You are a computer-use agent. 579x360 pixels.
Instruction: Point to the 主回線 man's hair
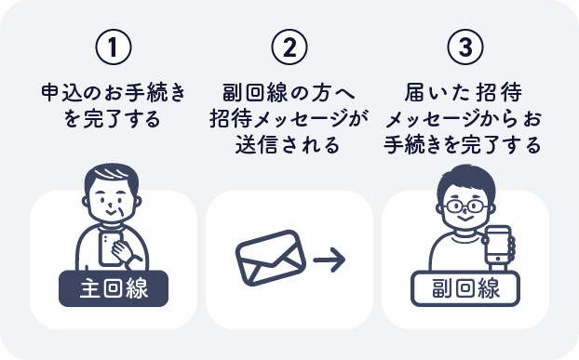pyautogui.click(x=113, y=177)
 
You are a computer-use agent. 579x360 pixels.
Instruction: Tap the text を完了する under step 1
pyautogui.click(x=113, y=120)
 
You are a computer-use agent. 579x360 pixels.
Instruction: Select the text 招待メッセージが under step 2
pyautogui.click(x=289, y=120)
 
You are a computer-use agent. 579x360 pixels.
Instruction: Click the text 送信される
pyautogui.click(x=289, y=146)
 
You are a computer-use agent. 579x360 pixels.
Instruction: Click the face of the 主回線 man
pyautogui.click(x=114, y=205)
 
